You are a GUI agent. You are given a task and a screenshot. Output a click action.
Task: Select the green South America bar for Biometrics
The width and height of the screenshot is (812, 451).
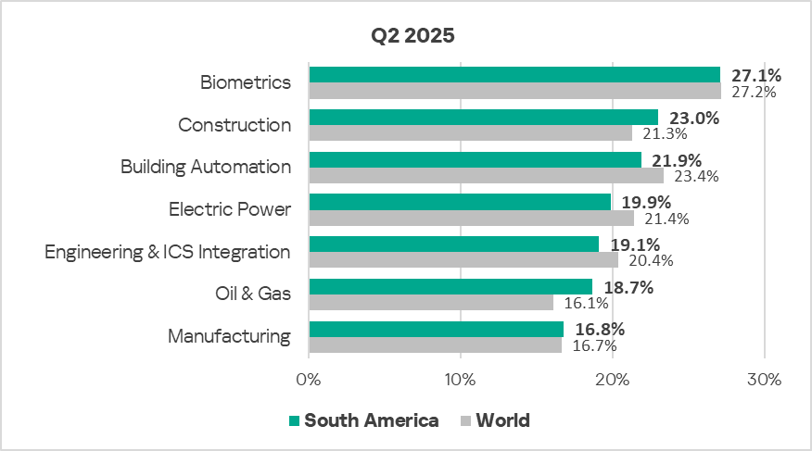coord(514,75)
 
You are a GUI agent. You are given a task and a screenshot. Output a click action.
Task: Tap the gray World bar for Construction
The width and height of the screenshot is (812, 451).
coord(470,133)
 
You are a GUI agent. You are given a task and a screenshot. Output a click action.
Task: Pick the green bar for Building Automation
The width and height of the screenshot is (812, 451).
coord(475,160)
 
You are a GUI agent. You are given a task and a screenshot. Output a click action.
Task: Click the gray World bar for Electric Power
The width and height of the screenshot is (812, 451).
coord(471,219)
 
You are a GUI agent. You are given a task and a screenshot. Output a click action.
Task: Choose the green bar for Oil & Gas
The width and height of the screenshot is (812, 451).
coord(450,287)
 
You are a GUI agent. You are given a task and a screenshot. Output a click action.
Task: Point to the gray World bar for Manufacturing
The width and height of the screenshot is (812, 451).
coord(435,345)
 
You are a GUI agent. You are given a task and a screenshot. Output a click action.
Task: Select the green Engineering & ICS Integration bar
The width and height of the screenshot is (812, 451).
coord(453,244)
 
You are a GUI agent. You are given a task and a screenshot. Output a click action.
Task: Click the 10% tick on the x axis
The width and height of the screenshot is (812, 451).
coord(460,380)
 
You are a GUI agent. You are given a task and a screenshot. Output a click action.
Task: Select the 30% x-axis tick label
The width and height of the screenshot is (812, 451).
coord(764,380)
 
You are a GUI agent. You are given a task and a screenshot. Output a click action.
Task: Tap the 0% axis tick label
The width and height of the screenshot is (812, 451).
coord(308,380)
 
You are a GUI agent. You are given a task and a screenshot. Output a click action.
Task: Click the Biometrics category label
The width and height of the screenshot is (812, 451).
coord(246,82)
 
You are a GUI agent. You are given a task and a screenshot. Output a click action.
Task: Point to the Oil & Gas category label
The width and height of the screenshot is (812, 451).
coord(252,294)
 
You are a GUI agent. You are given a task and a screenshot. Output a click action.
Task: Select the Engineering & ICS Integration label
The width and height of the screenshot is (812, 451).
coord(168,252)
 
